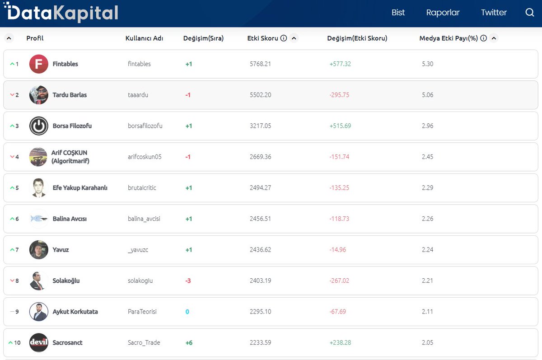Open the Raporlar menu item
(443, 13)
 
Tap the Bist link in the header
(398, 13)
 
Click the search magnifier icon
(530, 13)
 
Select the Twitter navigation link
(494, 13)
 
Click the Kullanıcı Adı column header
(144, 38)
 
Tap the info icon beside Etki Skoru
(284, 38)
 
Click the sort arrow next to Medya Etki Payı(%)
(494, 38)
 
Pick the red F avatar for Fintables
(39, 64)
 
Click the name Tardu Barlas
(70, 95)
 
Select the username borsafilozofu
(145, 126)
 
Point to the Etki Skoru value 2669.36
(260, 157)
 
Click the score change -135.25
(339, 188)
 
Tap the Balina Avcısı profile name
(70, 219)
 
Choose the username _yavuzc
(138, 250)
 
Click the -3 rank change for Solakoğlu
(188, 281)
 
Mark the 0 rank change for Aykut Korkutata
(187, 312)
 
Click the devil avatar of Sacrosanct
(39, 342)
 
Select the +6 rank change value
(189, 342)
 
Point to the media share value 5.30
(427, 64)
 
